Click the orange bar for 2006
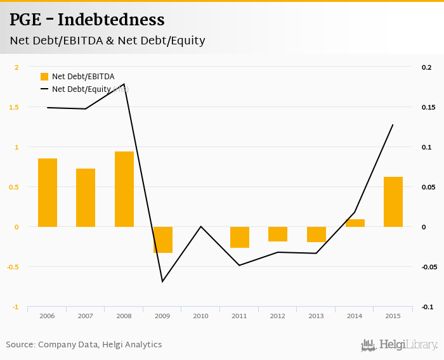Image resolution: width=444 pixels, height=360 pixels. pos(48,193)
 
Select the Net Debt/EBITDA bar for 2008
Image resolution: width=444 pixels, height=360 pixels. pos(124,189)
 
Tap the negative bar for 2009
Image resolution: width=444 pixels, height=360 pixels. pos(162,240)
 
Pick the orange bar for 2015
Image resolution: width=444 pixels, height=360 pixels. pos(393,202)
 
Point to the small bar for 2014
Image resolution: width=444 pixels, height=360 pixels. pos(355,223)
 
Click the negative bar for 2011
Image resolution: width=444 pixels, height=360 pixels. pos(240,237)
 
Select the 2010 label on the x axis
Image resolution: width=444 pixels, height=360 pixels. pos(201,316)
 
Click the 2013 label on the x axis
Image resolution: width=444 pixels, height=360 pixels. pos(317,316)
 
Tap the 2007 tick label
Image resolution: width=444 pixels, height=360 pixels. pos(86,316)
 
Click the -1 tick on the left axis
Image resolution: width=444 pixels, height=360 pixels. pos(16,307)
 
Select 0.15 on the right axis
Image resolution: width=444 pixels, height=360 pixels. pos(428,107)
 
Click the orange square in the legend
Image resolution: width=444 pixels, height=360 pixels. pos(44,77)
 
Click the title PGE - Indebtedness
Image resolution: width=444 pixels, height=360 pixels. pos(87,20)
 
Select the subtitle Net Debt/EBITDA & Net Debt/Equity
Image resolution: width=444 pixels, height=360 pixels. pos(107,41)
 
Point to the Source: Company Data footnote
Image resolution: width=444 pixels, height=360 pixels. pos(84,345)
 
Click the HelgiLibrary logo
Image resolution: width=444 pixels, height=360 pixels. pos(399,345)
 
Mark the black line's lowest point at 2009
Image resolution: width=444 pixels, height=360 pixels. pos(162,281)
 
